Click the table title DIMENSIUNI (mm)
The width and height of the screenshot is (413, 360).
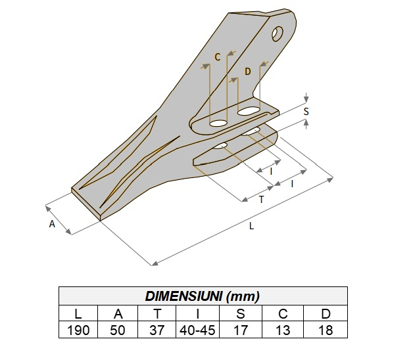203,296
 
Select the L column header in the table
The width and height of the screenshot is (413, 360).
78,313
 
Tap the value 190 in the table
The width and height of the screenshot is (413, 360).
78,330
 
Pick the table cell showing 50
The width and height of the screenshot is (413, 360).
117,330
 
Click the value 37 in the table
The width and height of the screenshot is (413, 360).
157,330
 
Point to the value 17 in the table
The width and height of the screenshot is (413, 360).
241,330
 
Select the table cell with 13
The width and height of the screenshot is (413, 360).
283,330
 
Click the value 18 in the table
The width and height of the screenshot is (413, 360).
325,330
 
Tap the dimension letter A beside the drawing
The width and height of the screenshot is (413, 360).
52,224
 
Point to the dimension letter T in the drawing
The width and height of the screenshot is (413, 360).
261,200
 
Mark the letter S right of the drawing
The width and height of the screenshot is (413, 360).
306,112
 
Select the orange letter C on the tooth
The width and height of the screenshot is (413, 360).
216,58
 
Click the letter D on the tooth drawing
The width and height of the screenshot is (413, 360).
247,72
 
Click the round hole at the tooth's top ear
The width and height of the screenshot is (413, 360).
279,32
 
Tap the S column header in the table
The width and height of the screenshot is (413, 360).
241,313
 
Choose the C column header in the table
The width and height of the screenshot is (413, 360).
283,313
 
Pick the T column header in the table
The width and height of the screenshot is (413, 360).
157,313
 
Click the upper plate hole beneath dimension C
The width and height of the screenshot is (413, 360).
218,123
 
